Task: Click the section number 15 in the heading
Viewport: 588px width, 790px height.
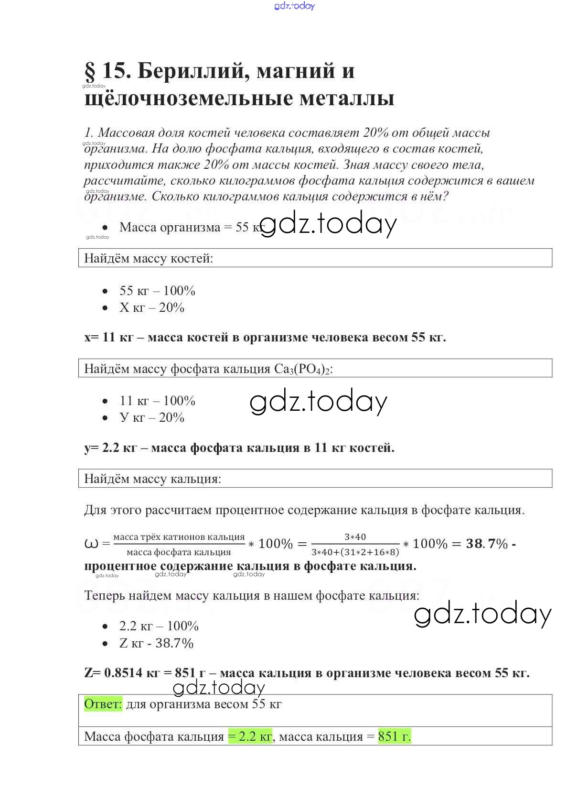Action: (x=117, y=71)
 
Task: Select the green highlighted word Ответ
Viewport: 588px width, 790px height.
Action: (x=103, y=704)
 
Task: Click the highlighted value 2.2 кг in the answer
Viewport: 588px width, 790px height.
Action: (x=250, y=736)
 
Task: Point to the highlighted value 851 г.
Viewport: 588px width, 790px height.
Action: (x=394, y=736)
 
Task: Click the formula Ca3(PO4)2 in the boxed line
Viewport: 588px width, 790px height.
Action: (x=303, y=369)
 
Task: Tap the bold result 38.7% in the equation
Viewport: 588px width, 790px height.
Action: (x=487, y=544)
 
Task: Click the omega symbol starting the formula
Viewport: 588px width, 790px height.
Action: (x=91, y=544)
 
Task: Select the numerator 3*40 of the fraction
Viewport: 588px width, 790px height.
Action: (x=355, y=537)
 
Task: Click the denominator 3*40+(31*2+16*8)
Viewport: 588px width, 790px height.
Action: (x=355, y=552)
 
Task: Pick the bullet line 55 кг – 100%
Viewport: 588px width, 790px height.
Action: (x=157, y=291)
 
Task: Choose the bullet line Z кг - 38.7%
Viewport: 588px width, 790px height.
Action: (x=156, y=643)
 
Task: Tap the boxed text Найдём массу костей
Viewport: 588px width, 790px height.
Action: (x=149, y=258)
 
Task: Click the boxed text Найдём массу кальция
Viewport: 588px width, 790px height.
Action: (x=152, y=479)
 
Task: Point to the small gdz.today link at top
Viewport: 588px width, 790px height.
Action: (x=295, y=6)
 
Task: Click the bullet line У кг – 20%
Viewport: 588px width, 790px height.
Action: (x=152, y=417)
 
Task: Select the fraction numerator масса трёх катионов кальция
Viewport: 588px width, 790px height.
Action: (x=179, y=537)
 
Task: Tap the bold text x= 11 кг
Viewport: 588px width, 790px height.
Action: (x=109, y=337)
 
